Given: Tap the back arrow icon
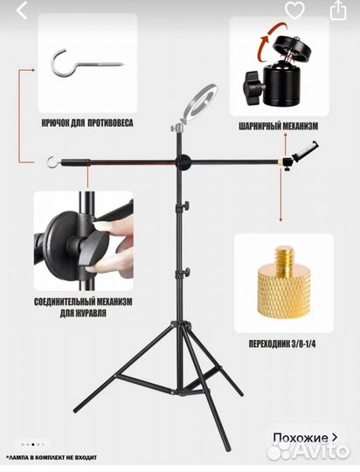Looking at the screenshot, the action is tap(22, 10).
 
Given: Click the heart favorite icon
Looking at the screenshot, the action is tap(294, 10).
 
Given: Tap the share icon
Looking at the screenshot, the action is tap(338, 10).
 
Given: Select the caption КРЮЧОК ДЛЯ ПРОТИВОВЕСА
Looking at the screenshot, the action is tap(87, 123).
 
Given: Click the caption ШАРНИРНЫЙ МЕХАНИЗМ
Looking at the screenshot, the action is tap(279, 126).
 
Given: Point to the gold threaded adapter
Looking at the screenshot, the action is tap(285, 285).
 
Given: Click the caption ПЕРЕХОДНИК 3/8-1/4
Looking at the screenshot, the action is tap(282, 344).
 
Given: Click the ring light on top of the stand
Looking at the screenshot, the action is tap(198, 104).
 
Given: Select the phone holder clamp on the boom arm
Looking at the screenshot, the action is tap(305, 151).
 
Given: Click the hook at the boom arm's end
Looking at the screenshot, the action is tap(52, 162).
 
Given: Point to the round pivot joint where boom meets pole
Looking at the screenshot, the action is tap(183, 162).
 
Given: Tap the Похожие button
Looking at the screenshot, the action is tap(305, 438).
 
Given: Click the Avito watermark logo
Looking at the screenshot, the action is tap(308, 451).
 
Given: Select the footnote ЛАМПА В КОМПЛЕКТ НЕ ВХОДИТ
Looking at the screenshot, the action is tap(52, 457).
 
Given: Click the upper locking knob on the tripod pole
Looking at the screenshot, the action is tap(185, 205).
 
